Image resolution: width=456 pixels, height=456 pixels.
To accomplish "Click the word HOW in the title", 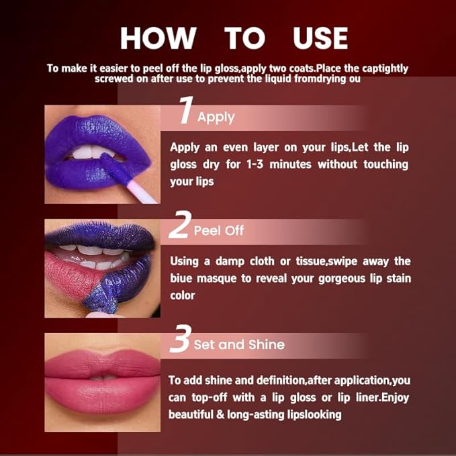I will click(158, 38).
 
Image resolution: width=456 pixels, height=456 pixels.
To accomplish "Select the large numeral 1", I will click(185, 111).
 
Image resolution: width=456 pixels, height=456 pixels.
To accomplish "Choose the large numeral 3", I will click(179, 340).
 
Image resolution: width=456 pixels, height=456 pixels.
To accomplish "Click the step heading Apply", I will click(216, 117).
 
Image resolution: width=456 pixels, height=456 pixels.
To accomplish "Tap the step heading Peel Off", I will click(218, 231).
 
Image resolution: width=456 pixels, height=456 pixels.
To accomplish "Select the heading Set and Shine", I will click(239, 345).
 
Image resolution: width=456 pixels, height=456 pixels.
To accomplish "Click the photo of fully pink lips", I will click(103, 382).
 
